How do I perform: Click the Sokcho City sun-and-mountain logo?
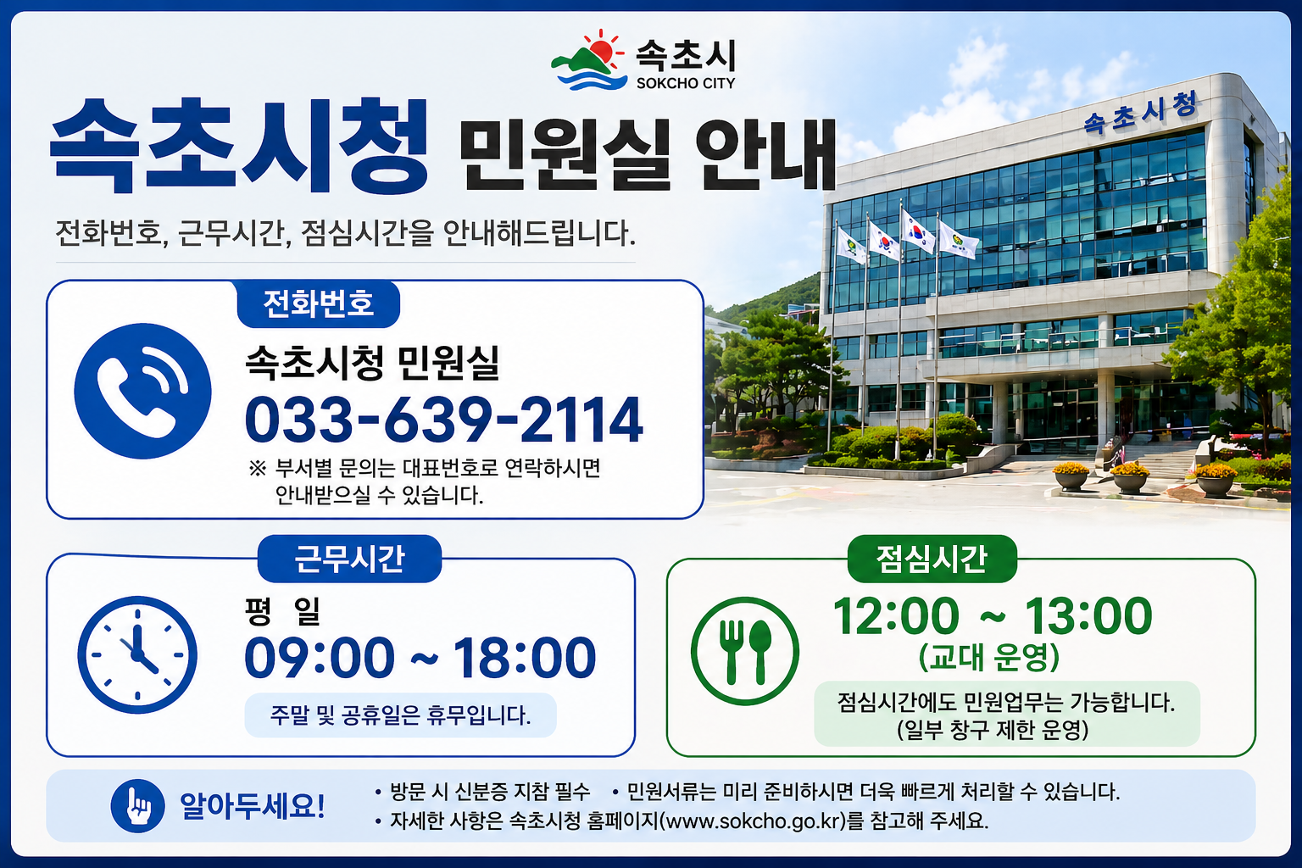[588, 61]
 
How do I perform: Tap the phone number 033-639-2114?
[444, 420]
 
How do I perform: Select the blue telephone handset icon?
[142, 391]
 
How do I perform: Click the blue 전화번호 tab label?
[318, 303]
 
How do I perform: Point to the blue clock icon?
[137, 654]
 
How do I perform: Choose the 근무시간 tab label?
[349, 559]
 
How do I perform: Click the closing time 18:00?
[524, 658]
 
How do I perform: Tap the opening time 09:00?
[320, 658]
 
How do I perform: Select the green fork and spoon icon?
[744, 651]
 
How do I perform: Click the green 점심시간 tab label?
[932, 559]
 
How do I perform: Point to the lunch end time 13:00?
[1088, 616]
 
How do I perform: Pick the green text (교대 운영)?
[989, 656]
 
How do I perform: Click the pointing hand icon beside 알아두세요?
[137, 805]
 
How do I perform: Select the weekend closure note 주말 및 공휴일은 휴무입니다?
[400, 715]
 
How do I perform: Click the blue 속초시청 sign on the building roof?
[1140, 113]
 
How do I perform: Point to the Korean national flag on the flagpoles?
[916, 230]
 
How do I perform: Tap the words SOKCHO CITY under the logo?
[686, 83]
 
